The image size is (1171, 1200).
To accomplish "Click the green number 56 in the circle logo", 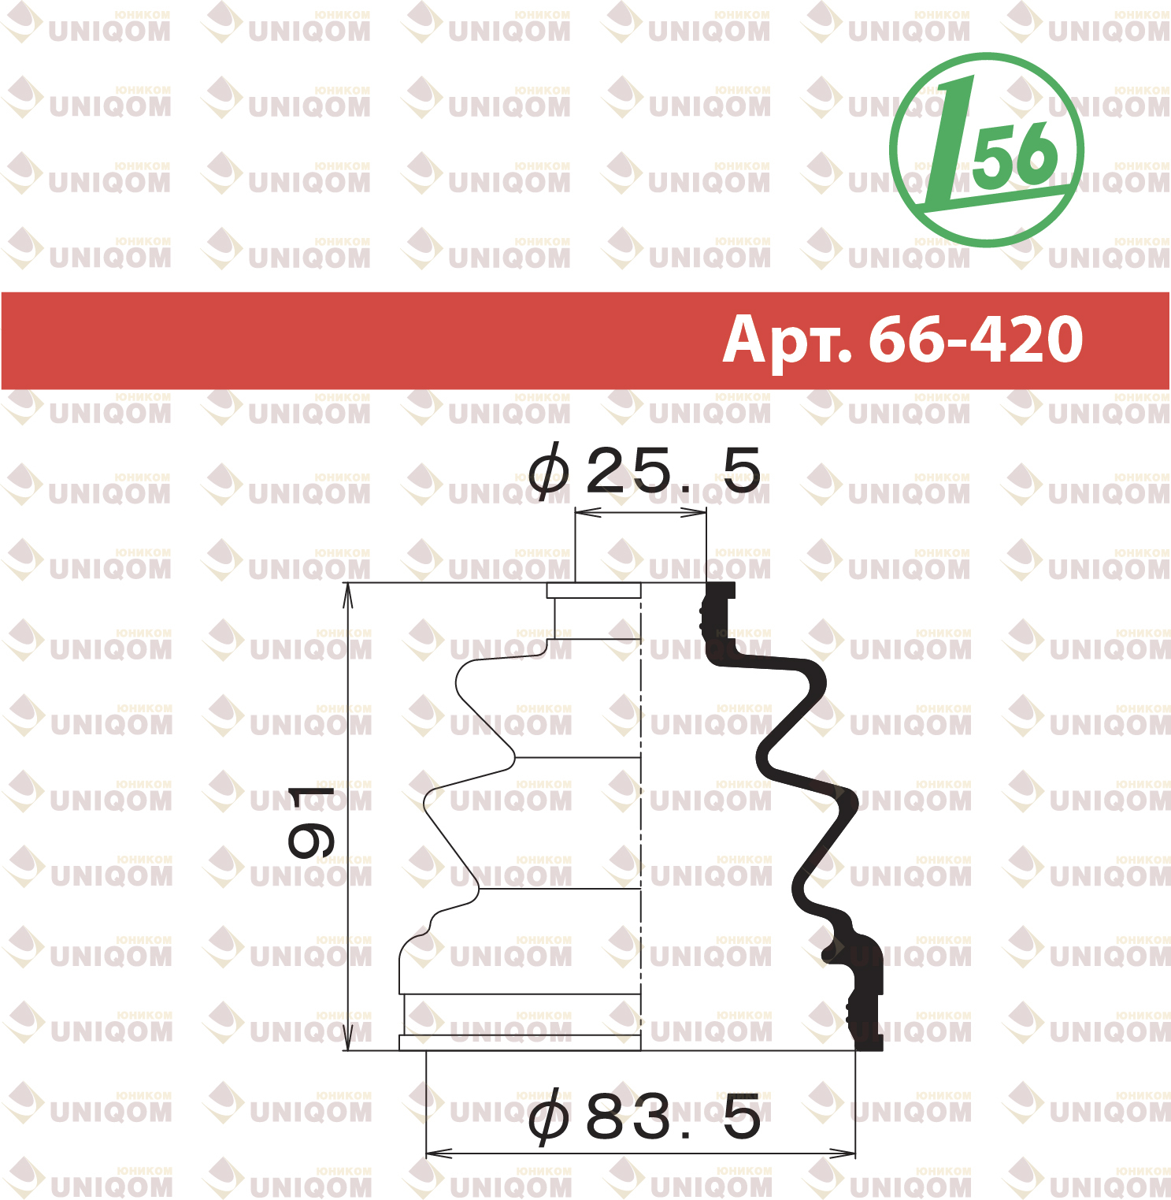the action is point(1016,154).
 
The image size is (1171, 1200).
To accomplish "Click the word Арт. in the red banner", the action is point(787,340).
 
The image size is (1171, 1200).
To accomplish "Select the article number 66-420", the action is point(976,340).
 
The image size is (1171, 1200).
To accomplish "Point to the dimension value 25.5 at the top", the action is point(674,470).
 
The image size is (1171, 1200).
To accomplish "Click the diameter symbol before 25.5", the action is point(548,470).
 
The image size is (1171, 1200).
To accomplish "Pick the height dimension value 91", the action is point(312,822).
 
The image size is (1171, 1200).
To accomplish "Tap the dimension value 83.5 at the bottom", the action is point(674,1116).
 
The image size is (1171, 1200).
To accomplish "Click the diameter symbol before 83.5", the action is point(548,1116).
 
